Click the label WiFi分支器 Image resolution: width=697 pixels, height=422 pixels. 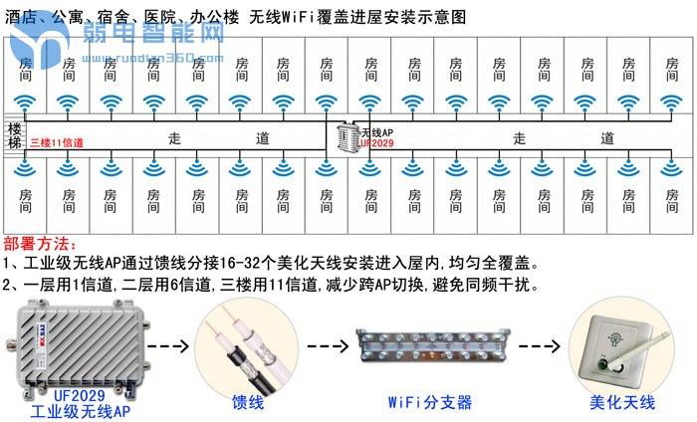tap(429, 402)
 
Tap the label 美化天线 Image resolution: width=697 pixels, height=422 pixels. tap(621, 402)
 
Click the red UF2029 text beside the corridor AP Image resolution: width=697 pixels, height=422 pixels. tap(376, 143)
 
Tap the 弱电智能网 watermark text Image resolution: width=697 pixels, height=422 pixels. tap(154, 37)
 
